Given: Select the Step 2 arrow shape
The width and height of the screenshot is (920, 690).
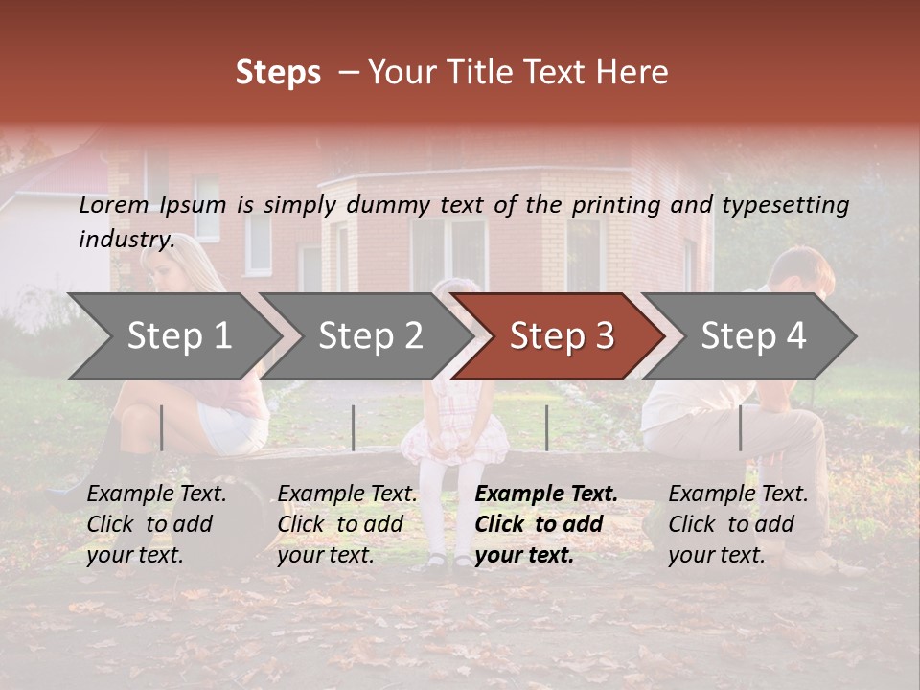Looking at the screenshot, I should pos(369,336).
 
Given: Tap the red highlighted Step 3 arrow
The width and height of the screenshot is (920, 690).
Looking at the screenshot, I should pos(561,336).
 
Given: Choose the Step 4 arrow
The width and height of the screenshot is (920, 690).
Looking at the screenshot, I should pos(753,336).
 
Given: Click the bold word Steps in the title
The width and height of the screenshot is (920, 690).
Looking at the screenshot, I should pos(278,73).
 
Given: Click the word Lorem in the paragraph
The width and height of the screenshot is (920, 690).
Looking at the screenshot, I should pos(114,204).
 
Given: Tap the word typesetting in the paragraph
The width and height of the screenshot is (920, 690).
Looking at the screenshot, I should pos(785,204).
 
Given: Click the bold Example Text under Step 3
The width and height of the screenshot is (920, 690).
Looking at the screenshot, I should pos(546,494).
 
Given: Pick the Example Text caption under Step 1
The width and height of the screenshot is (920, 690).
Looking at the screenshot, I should pos(156,494).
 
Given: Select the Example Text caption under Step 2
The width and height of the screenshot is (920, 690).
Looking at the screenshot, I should pos(347,494).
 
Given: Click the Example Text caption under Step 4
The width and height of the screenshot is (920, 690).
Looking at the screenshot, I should pos(738,494).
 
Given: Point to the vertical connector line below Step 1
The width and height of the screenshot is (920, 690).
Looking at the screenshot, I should pos(162,427).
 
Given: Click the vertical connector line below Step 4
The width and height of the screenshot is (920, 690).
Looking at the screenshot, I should pos(741,427).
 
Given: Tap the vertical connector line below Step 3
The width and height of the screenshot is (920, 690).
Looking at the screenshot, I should pos(547,427).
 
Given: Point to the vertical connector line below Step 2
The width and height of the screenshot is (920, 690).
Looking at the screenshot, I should pos(354,427).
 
